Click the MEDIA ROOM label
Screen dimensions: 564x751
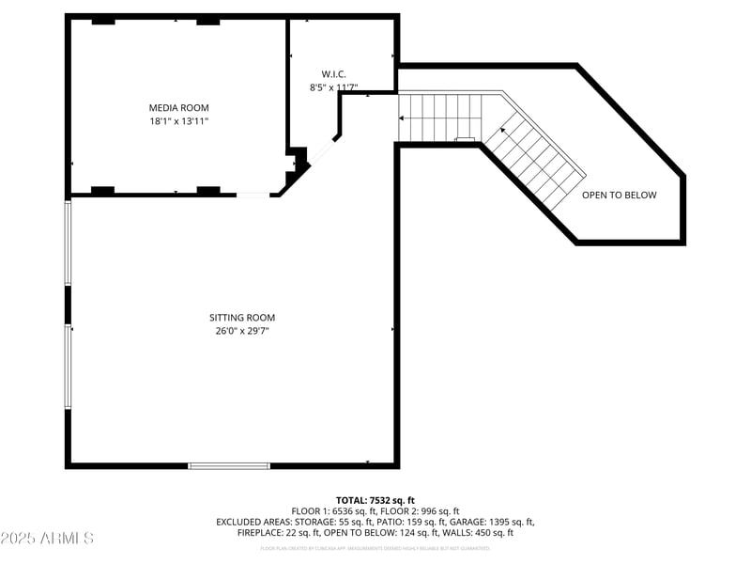coord(178,108)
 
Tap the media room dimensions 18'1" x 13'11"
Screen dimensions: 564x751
coord(178,121)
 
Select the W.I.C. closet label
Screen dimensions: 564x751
coord(333,73)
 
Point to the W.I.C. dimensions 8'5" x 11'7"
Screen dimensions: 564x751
coord(333,87)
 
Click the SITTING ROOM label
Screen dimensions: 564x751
coord(242,318)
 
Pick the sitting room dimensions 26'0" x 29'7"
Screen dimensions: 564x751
coord(242,331)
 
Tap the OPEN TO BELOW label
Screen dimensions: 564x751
coord(619,196)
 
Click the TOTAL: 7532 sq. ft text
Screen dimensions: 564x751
coord(375,500)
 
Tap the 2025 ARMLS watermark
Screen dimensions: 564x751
coord(47,539)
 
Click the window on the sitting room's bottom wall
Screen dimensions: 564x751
coord(229,465)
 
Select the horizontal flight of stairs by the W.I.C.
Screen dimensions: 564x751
coord(441,116)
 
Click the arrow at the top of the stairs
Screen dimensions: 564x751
coord(402,118)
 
